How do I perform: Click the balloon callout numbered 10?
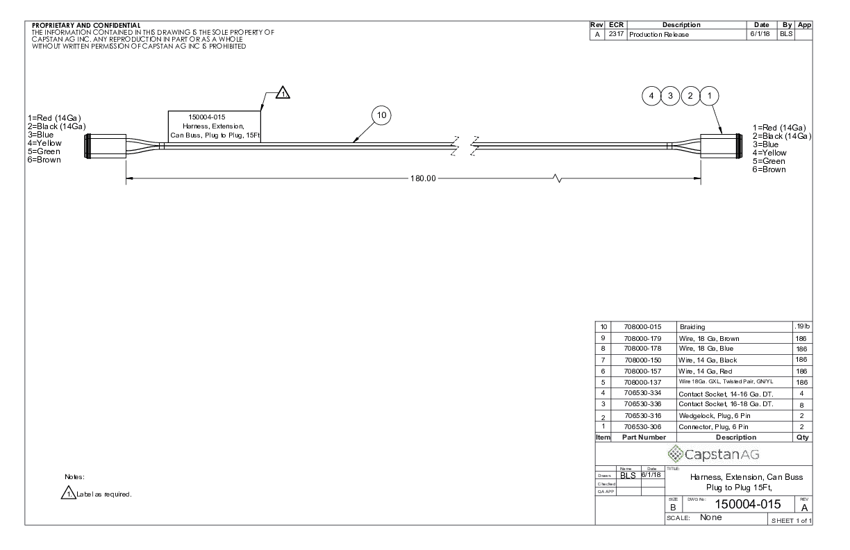381,115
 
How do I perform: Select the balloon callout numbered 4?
651,96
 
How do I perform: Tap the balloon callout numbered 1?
709,96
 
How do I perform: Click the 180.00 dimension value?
423,178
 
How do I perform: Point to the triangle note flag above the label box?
283,93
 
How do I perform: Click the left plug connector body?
105,146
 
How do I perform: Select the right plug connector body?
722,146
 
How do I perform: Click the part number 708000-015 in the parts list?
643,327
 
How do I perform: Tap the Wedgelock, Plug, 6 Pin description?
715,416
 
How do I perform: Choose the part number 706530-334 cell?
643,393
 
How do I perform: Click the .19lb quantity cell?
802,326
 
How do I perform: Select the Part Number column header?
644,437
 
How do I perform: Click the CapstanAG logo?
714,454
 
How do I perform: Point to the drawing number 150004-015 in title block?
747,504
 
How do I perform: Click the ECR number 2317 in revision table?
616,34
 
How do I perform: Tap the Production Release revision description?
659,35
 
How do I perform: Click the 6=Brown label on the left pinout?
44,160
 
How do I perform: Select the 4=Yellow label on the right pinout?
769,153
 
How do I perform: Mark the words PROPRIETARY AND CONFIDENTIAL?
86,26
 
